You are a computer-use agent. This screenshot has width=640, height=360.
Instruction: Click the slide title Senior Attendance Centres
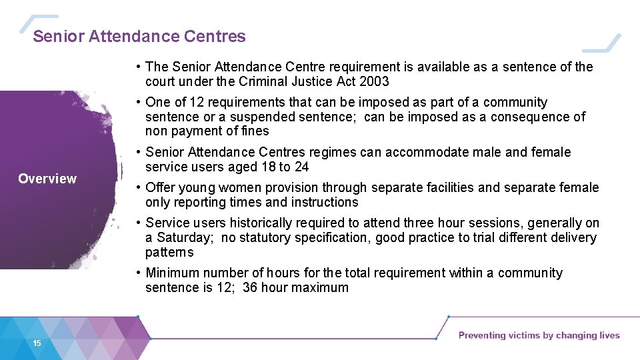139,37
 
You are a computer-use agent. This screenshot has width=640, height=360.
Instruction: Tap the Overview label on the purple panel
47,179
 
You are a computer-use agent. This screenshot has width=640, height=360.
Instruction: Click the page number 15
37,343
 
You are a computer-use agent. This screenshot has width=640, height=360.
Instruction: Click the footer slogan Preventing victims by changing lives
539,335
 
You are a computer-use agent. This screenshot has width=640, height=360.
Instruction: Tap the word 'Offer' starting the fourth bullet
159,187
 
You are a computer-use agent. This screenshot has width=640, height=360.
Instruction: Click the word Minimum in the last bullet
172,273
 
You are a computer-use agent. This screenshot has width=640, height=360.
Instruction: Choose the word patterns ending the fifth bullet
169,252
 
